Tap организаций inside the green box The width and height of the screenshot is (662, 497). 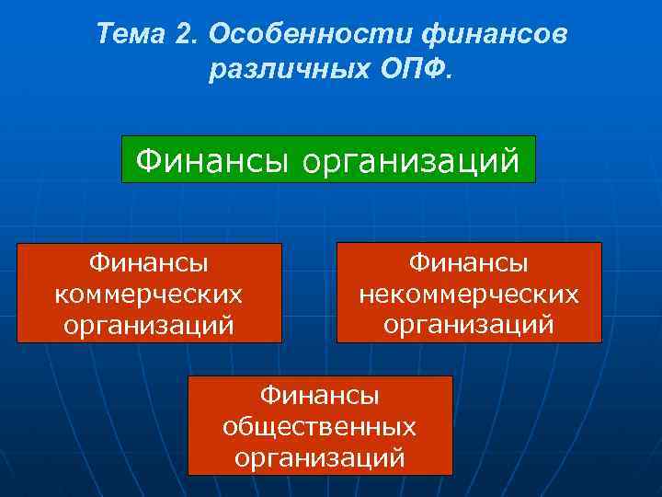tap(410, 161)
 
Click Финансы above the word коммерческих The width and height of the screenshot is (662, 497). tap(149, 263)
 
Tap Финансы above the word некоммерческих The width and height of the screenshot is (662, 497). tap(469, 263)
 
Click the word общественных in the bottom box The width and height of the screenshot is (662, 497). tap(320, 427)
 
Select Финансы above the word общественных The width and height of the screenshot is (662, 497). tap(320, 396)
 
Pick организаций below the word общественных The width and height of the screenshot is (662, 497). tap(320, 457)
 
